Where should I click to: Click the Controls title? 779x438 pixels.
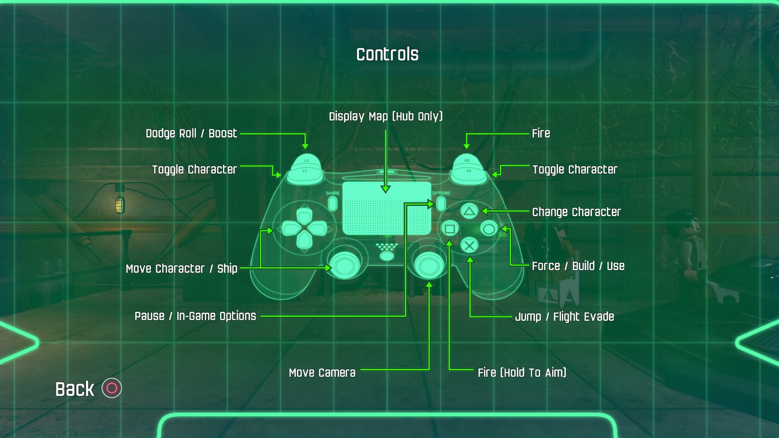tap(387, 54)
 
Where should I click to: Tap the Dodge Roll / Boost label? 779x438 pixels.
tap(191, 133)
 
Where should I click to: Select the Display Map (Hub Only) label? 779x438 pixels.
tap(385, 116)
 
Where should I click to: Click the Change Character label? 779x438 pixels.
tap(576, 212)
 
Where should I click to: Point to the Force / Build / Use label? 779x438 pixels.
tap(578, 266)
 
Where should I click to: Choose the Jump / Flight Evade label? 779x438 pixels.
tap(564, 317)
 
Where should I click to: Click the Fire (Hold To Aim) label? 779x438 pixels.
tap(522, 373)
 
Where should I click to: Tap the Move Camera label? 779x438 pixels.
tap(322, 373)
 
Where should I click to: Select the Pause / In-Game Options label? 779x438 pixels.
tap(195, 316)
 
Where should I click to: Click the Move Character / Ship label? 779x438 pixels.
tap(181, 269)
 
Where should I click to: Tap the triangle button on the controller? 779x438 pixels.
tap(469, 211)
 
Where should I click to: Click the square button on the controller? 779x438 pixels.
tap(450, 229)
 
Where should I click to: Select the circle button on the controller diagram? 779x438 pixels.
tap(489, 229)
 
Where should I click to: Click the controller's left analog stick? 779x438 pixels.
tap(345, 266)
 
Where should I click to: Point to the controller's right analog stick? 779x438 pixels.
tap(429, 266)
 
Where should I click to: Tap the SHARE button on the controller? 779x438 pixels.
tap(333, 203)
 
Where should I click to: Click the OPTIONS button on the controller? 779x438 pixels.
tap(441, 203)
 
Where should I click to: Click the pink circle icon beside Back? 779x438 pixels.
tap(112, 388)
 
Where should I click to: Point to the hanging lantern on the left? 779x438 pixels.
tap(120, 203)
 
